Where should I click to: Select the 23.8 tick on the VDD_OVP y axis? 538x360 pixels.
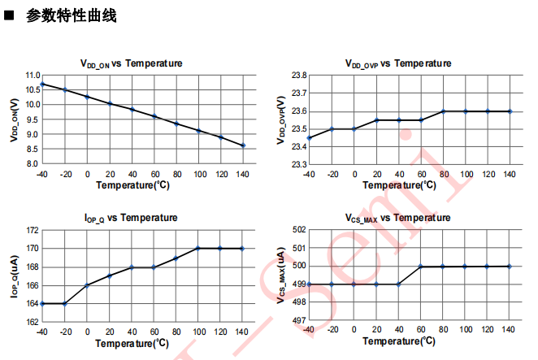(x=298, y=76)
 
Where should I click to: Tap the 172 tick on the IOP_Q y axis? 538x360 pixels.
(x=32, y=231)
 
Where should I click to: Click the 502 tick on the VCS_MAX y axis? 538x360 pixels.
(x=297, y=230)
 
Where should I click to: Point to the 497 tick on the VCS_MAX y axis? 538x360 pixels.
(x=297, y=321)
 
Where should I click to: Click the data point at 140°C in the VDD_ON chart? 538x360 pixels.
(x=243, y=145)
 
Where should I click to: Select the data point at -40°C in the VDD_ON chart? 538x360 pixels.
(x=42, y=84)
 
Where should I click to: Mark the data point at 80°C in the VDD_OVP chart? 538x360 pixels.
(x=443, y=111)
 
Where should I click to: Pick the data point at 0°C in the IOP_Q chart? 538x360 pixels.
(x=87, y=285)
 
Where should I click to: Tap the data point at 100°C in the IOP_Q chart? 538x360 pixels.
(x=198, y=248)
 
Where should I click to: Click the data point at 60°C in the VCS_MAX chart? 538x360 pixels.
(x=420, y=267)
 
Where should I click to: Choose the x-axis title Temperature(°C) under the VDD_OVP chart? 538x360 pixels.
(x=398, y=185)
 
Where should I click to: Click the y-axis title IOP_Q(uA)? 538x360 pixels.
(x=15, y=276)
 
